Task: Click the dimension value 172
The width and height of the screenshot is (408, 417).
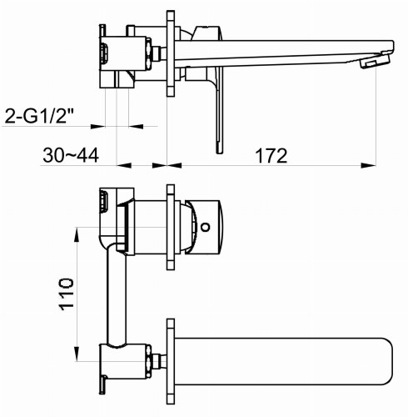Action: coord(271,155)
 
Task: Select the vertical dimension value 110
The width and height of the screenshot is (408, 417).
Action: coord(67,293)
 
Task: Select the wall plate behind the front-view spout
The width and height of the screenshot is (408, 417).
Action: coord(170,358)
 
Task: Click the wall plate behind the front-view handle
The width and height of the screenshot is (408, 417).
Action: coord(170,226)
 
